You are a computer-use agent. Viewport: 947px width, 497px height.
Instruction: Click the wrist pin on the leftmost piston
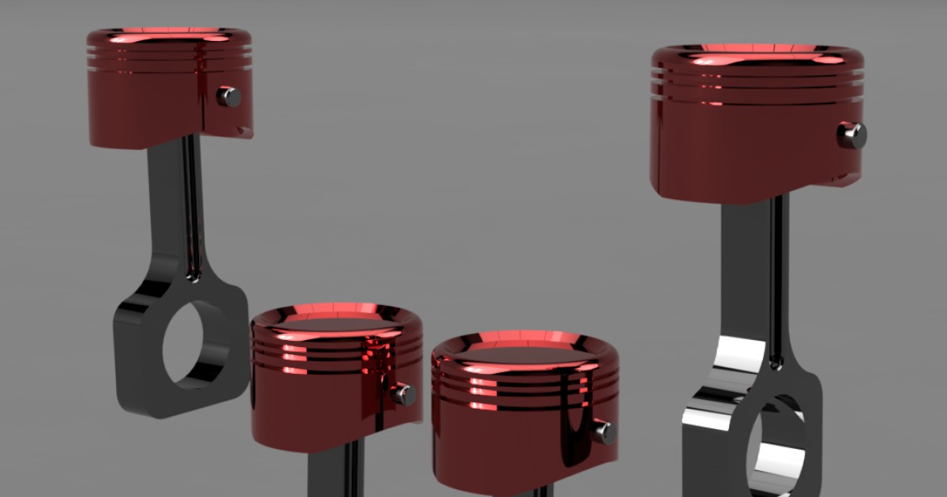[229, 97]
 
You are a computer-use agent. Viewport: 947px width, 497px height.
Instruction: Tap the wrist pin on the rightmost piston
[852, 135]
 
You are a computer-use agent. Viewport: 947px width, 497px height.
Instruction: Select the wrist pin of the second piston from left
[404, 394]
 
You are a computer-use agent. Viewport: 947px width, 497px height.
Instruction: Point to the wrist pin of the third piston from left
[605, 432]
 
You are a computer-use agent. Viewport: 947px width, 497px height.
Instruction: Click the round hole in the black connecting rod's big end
[194, 344]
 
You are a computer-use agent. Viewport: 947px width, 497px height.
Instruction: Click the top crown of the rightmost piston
[758, 54]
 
